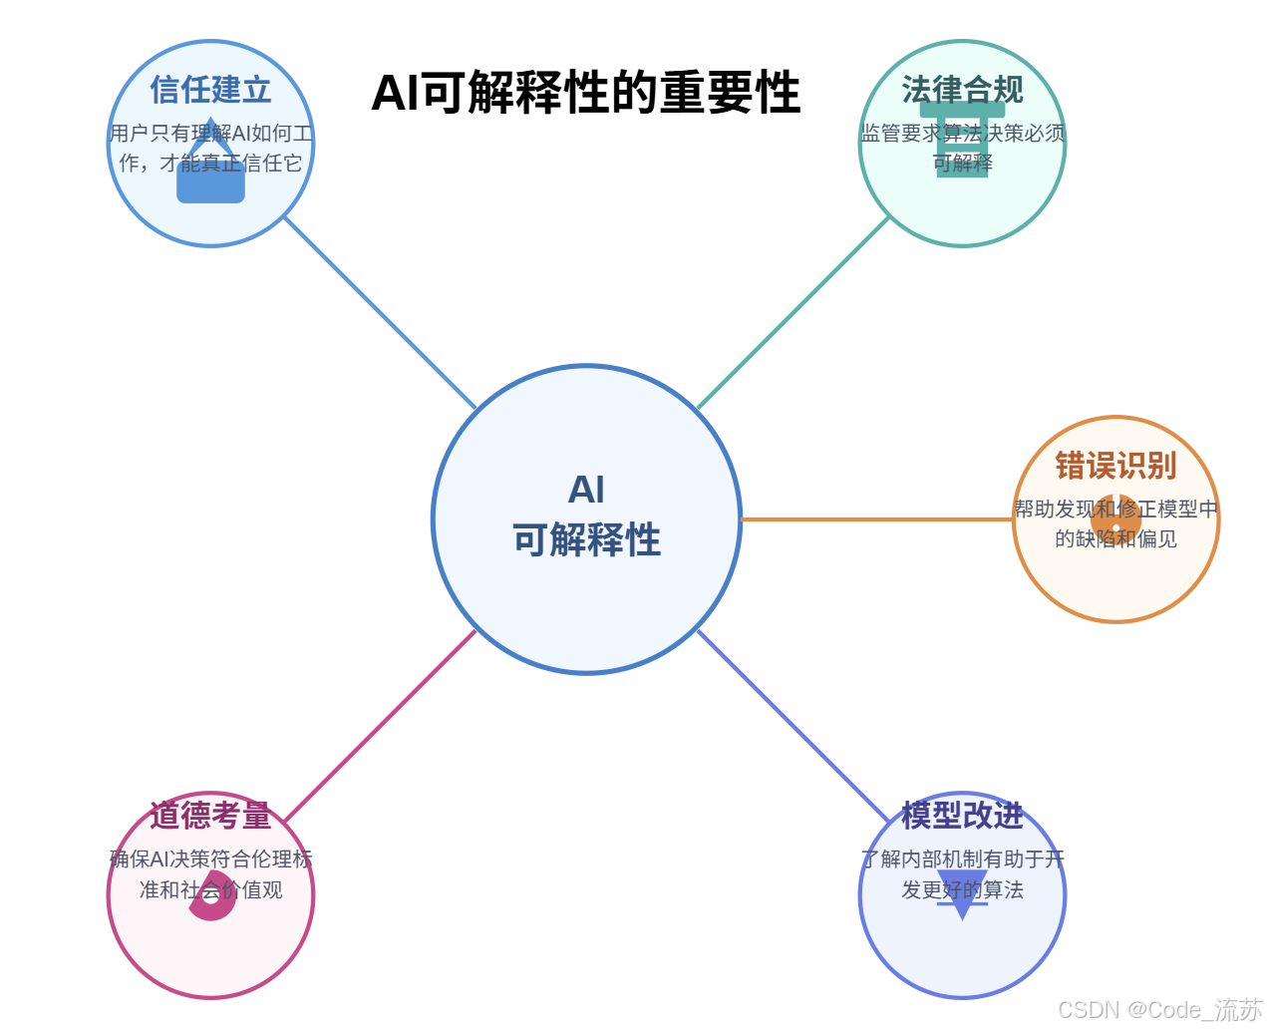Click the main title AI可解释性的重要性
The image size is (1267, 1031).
pos(585,93)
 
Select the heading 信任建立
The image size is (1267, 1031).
pos(210,90)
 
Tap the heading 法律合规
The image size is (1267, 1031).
pos(962,90)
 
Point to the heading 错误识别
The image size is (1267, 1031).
pos(1115,466)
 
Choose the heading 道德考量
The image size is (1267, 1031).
pos(210,816)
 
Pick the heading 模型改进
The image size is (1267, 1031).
pos(962,816)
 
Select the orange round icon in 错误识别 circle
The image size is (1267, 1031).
pos(1115,519)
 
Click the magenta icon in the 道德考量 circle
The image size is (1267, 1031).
pos(211,894)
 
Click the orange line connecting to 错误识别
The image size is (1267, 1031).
pos(877,519)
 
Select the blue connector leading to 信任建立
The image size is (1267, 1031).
pos(379,312)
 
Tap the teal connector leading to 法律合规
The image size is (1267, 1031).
pos(793,312)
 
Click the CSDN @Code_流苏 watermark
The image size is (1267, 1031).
pos(1159,1009)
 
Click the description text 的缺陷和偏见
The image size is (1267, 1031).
pos(1115,539)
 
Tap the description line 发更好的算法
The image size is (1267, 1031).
pos(962,890)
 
